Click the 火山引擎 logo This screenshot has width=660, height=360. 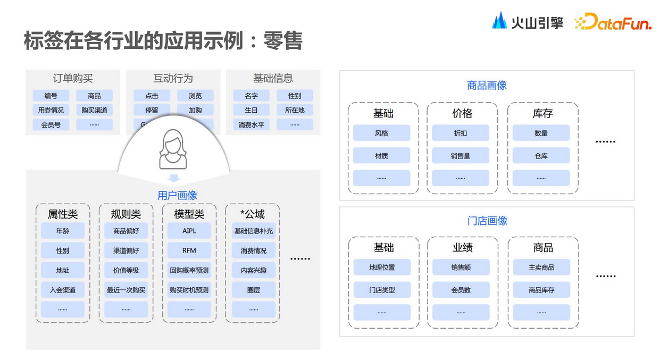point(527,21)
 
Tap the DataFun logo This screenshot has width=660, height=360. point(613,22)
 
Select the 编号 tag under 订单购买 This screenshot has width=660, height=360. point(51,96)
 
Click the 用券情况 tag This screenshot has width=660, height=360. point(51,110)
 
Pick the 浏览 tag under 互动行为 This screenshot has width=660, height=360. point(195,96)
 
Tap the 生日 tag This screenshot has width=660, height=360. point(251,110)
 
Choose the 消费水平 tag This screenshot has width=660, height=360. point(251,124)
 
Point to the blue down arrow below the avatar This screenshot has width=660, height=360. point(173,178)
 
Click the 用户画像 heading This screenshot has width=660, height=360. point(177,195)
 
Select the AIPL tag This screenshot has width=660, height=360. point(189,231)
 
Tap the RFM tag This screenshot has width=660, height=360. point(189,250)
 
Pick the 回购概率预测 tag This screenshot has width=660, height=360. point(189,270)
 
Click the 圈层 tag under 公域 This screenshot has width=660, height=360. point(254,290)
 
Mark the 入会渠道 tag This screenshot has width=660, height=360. point(63,290)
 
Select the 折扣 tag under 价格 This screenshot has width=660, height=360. point(461,133)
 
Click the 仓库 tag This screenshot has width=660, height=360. point(541,156)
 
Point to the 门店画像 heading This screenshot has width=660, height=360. point(487,221)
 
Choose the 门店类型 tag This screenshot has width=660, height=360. point(382,290)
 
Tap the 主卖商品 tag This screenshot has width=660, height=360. point(541,267)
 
